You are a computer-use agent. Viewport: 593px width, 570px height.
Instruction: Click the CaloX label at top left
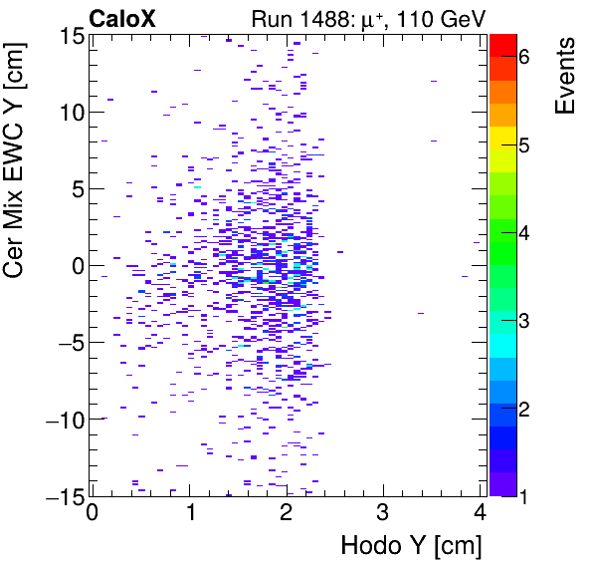click(122, 18)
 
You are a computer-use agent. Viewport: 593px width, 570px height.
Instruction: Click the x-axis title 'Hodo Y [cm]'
click(411, 545)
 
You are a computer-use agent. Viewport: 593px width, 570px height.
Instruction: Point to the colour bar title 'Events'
click(565, 76)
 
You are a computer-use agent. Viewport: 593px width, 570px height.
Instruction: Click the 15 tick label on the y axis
click(69, 35)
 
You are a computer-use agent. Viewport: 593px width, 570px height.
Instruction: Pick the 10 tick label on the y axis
click(69, 112)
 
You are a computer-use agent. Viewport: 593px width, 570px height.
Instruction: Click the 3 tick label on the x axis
click(383, 514)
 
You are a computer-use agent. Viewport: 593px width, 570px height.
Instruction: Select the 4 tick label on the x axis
click(480, 514)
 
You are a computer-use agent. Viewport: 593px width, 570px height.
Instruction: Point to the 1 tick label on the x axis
click(189, 514)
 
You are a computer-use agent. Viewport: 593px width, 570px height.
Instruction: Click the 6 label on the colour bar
click(523, 58)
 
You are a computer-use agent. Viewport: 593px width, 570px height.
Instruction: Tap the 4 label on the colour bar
click(523, 233)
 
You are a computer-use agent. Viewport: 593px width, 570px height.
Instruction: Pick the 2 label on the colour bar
click(523, 409)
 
